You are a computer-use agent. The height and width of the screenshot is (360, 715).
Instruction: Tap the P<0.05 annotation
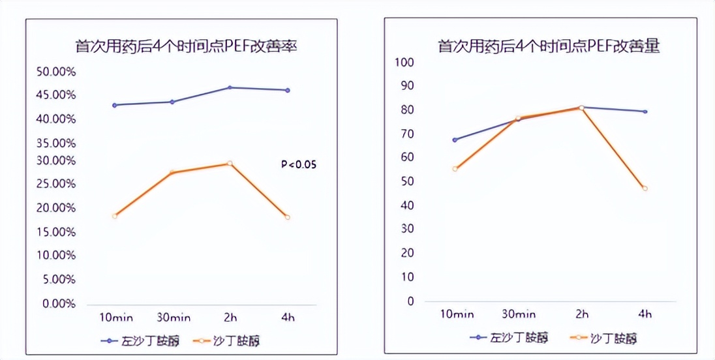[x=298, y=164]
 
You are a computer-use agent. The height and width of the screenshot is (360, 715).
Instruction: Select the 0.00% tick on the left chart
[x=58, y=303]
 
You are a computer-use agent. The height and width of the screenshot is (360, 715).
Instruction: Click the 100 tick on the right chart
[x=404, y=62]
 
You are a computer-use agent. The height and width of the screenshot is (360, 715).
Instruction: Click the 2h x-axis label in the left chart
[x=230, y=318]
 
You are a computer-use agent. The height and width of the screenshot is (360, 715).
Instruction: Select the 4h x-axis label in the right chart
[x=645, y=314]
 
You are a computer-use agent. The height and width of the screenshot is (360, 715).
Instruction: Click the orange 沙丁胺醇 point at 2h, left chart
[x=230, y=163]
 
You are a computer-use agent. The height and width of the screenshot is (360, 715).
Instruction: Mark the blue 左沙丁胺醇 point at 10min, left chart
[x=115, y=105]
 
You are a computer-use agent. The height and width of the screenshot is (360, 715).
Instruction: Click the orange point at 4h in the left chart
[x=287, y=217]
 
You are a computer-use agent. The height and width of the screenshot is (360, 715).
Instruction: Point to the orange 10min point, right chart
[x=455, y=169]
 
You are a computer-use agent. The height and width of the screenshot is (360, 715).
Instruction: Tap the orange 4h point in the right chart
[x=645, y=188]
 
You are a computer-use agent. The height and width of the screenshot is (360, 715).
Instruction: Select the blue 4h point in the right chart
[x=645, y=112]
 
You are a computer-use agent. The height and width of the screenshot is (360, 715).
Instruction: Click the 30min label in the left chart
[x=173, y=318]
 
